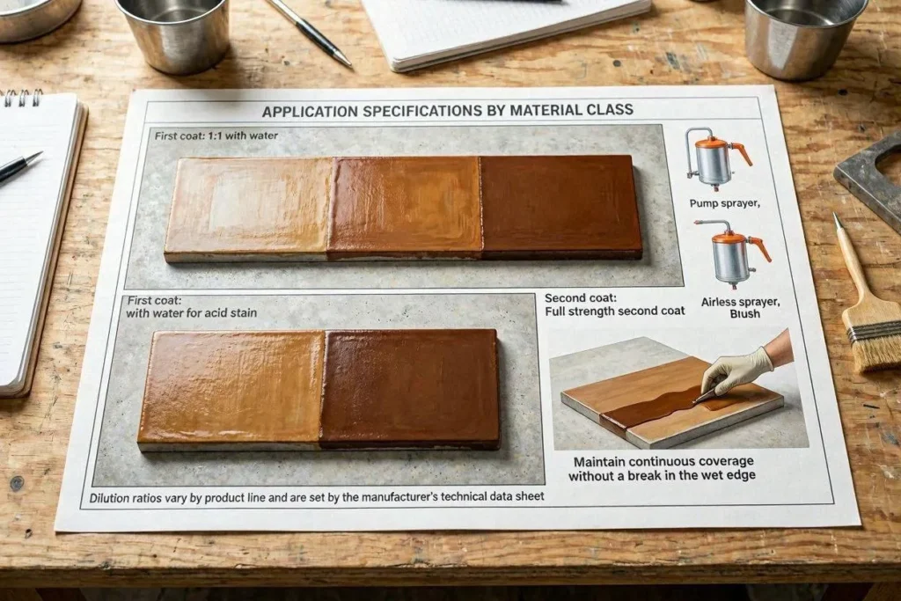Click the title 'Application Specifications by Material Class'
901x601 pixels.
point(448,110)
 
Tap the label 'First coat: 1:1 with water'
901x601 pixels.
point(216,136)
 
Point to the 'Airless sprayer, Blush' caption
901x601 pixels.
point(740,307)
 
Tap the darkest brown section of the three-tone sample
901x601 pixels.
point(560,207)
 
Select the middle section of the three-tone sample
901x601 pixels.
point(405,207)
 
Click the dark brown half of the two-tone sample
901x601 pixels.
point(409,388)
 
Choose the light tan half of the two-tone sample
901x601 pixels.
point(231,390)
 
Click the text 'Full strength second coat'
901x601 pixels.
point(615,311)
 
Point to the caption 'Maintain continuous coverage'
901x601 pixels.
point(663,461)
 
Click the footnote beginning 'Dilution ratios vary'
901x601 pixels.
point(317,497)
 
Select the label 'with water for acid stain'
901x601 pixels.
point(191,313)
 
